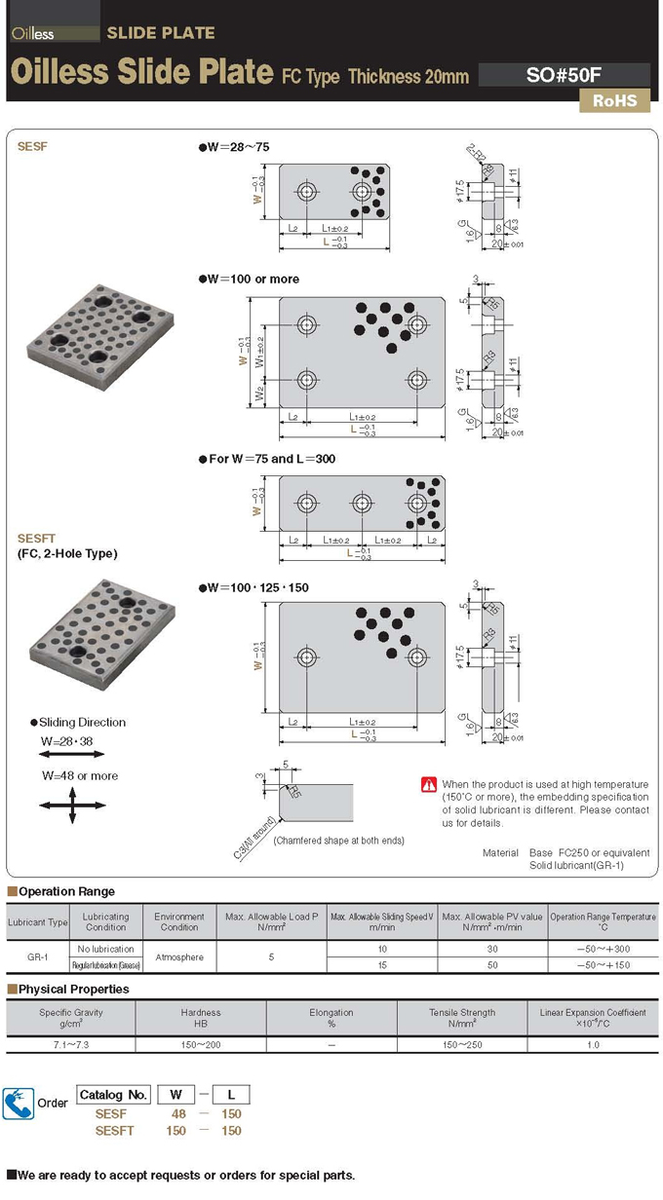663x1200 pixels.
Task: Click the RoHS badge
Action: (x=614, y=100)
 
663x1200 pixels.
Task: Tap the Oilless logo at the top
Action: (x=33, y=33)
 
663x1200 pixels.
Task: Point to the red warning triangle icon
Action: (x=429, y=784)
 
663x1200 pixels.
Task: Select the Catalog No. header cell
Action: (x=113, y=1094)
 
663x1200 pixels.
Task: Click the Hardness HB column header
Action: (x=201, y=1018)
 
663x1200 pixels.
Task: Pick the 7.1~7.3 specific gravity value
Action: (x=71, y=1044)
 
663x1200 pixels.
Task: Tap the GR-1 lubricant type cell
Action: (x=39, y=956)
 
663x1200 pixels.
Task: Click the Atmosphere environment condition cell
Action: (x=179, y=956)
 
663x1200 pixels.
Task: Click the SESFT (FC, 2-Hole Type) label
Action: (x=67, y=545)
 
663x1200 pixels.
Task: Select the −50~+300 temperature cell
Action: (x=603, y=948)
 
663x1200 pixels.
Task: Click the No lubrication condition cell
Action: (x=106, y=948)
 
